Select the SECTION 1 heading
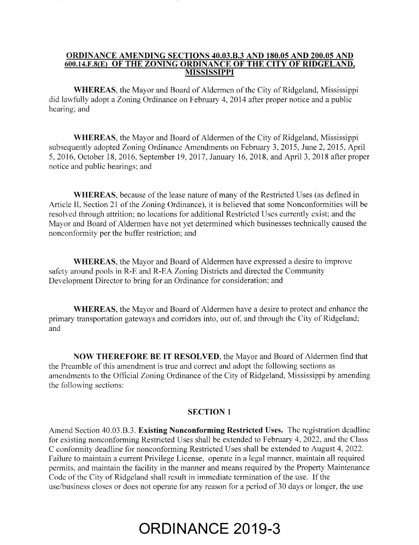click(209, 412)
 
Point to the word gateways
click(120, 319)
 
